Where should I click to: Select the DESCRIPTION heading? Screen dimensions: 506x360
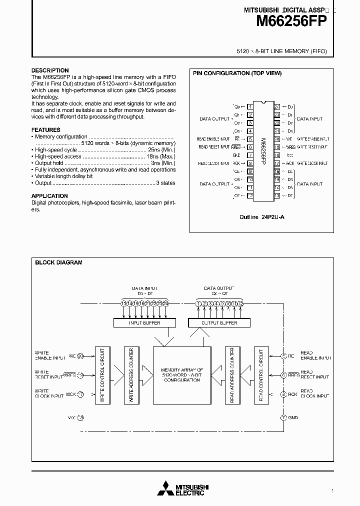coord(50,70)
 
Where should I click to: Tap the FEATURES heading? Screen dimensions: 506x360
coord(46,129)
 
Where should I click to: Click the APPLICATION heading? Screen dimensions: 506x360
coord(49,196)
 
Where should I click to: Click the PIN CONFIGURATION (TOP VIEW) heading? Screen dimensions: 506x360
coord(237,73)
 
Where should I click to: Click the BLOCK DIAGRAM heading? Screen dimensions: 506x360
coord(58,262)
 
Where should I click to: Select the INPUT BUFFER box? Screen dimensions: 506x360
coord(144,323)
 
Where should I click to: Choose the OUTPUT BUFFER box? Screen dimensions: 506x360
coord(219,323)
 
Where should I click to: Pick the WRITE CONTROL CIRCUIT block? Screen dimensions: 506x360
coord(103,375)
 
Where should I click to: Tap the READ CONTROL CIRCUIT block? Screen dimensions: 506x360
coord(261,375)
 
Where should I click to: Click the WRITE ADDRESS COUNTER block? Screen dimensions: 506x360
coord(131,375)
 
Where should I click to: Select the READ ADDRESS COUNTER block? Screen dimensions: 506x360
coord(232,375)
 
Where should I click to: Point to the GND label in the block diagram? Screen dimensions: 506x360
coord(293,417)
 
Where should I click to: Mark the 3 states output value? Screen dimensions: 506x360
coord(166,183)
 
